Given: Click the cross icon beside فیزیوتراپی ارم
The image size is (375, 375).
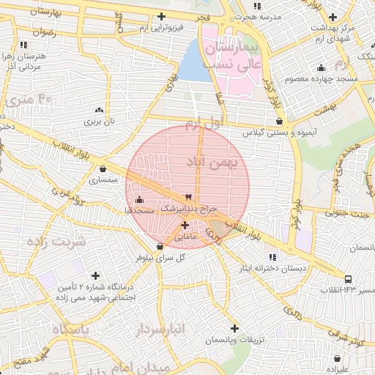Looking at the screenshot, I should click(162, 16).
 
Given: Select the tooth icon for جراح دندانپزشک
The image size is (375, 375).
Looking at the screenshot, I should click(188, 196).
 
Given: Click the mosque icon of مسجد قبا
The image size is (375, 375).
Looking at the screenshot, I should click(139, 199).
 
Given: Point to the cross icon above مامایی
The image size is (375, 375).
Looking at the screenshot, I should click(184, 225).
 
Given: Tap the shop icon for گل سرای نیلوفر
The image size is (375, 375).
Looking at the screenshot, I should click(160, 246).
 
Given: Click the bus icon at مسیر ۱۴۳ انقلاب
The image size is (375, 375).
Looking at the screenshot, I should click(348, 278).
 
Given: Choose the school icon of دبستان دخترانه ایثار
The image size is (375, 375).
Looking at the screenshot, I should click(273, 256).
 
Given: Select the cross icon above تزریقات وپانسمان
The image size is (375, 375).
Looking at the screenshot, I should click(234, 328).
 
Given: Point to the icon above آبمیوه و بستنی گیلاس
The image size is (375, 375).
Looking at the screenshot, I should click(279, 122).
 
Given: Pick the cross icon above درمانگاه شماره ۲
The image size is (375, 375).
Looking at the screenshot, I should click(95, 275).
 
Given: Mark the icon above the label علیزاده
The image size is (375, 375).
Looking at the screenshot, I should click(338, 359).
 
